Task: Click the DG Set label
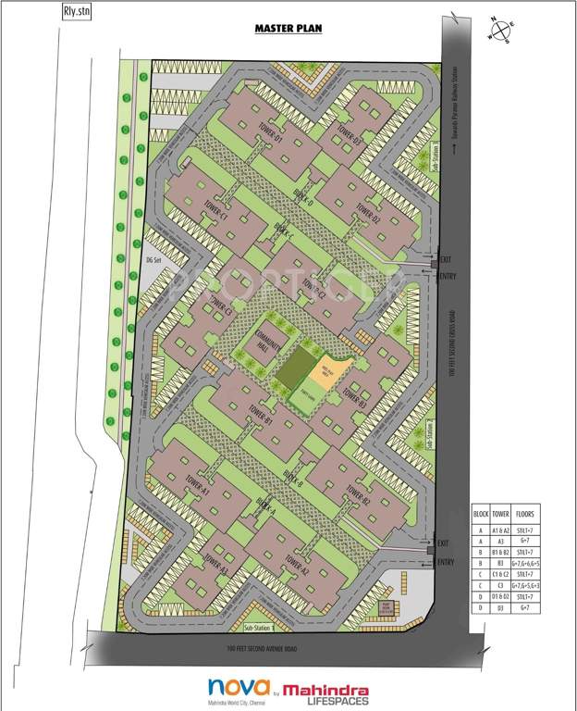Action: pyautogui.click(x=153, y=259)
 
